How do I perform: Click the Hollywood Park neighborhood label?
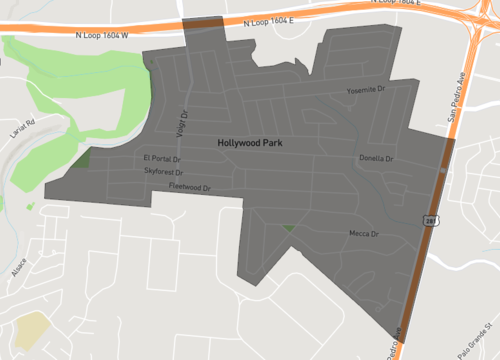pyautogui.click(x=249, y=144)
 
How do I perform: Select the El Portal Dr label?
pyautogui.click(x=160, y=159)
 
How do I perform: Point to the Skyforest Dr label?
pyautogui.click(x=162, y=172)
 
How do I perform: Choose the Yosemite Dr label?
pyautogui.click(x=365, y=90)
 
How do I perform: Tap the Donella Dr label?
pyautogui.click(x=377, y=158)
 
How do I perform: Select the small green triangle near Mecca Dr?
pyautogui.click(x=289, y=229)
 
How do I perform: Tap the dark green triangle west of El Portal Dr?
pyautogui.click(x=81, y=158)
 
